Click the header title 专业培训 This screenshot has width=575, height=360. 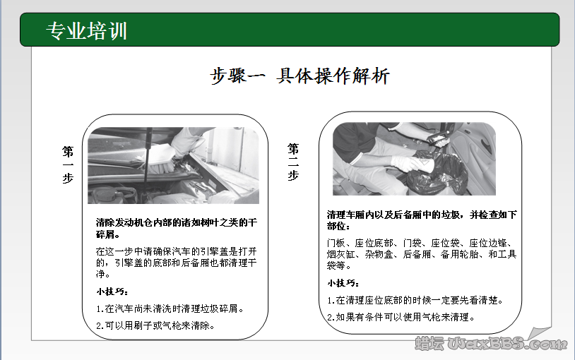pos(86,30)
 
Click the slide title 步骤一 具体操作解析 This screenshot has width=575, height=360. pos(300,76)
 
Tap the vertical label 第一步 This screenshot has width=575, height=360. pos(68,164)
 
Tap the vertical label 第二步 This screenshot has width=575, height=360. pos(293,162)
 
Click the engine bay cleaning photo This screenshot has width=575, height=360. pos(173,165)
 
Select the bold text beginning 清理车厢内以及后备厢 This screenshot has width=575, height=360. pos(422,220)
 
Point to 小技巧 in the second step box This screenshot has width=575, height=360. pos(344,283)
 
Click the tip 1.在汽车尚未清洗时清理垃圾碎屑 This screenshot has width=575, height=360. pos(170,308)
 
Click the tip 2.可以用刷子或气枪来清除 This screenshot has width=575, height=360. pos(155,325)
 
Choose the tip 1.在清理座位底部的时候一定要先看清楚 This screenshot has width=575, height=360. pos(415,300)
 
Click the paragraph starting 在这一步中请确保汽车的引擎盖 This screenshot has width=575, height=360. pos(176,262)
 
